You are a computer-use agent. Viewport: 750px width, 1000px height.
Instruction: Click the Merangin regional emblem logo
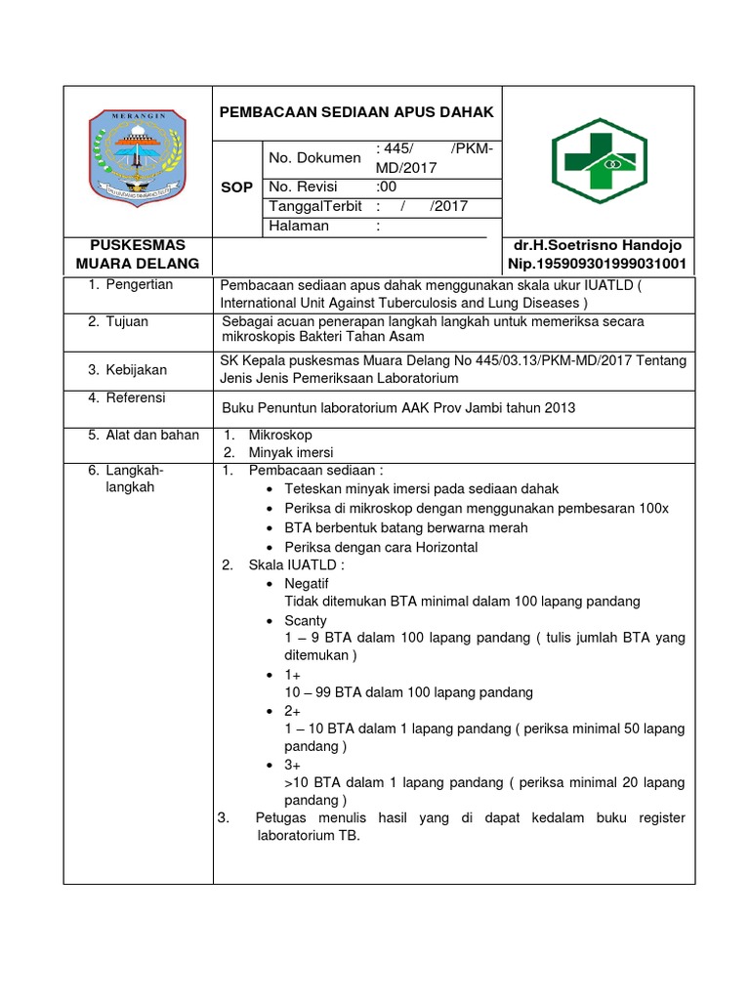pos(138,156)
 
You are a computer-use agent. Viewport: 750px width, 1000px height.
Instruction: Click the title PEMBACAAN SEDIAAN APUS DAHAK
pos(356,112)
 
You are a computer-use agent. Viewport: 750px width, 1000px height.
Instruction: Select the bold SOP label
pos(237,187)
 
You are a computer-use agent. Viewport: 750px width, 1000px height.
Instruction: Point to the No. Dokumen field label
pos(314,157)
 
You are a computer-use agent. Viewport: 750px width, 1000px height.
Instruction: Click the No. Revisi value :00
pos(388,187)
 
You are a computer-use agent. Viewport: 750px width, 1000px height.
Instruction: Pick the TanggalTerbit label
pos(314,206)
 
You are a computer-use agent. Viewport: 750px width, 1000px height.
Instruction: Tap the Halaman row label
pos(298,226)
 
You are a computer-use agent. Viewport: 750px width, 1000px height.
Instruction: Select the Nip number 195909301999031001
pos(597,264)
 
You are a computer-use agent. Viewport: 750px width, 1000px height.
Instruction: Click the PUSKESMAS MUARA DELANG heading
pos(138,254)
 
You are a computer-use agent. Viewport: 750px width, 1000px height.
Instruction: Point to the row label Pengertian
pos(138,284)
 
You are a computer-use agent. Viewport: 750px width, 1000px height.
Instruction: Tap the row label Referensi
pos(135,397)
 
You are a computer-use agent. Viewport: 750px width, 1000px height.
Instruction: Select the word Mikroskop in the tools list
pos(280,435)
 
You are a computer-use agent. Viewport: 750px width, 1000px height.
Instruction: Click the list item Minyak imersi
pos(291,452)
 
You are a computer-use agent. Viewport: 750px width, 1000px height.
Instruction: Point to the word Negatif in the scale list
pos(307,583)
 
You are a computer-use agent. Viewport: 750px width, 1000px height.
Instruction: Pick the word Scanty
pos(306,620)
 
